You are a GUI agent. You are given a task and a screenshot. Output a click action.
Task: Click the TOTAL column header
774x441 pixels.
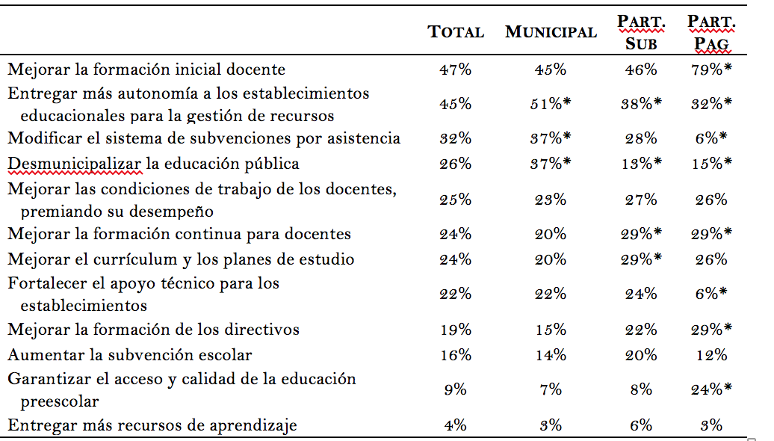(456, 32)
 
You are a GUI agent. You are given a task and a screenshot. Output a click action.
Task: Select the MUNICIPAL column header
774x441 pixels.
(551, 32)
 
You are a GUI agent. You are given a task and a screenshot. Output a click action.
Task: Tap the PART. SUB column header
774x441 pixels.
(641, 32)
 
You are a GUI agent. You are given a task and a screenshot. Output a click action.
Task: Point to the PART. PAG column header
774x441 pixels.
(711, 32)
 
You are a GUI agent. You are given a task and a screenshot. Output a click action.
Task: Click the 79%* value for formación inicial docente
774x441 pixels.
(711, 70)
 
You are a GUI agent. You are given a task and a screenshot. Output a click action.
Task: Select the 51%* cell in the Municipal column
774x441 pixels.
(551, 104)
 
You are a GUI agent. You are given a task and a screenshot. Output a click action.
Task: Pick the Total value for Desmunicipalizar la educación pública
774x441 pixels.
(456, 164)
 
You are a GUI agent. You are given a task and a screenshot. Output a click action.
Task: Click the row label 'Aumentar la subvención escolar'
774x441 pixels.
(130, 355)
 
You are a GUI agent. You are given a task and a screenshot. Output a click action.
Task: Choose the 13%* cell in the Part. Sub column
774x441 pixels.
(641, 164)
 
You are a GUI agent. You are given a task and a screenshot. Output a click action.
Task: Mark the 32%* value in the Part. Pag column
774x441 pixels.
(711, 104)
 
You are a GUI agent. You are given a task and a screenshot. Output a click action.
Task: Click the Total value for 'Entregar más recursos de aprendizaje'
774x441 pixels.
(456, 425)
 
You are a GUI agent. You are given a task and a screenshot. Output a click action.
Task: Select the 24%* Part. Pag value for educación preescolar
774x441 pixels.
(711, 389)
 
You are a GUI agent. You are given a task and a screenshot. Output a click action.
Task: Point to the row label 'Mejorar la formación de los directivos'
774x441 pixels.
(153, 330)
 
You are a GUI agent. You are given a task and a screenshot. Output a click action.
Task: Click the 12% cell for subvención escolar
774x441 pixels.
(711, 355)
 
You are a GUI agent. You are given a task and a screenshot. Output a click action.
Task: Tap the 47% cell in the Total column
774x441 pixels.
(456, 70)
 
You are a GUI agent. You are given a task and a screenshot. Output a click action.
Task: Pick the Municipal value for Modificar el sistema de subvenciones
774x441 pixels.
(551, 138)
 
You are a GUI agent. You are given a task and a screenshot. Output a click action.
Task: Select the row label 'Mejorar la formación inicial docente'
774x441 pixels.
(146, 70)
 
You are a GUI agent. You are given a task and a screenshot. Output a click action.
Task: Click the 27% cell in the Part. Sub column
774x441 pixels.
(641, 200)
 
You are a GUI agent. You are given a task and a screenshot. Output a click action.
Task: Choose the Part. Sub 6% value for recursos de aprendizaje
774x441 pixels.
(641, 425)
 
